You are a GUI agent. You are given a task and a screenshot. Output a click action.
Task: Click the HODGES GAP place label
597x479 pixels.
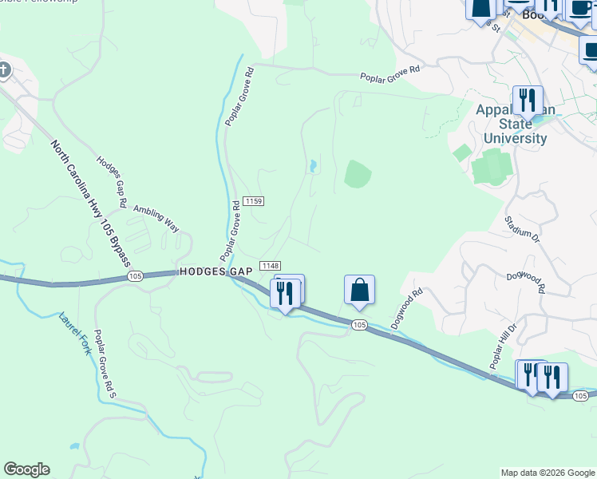[x=215, y=271]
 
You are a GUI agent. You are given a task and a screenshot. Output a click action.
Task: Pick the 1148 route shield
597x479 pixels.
[x=270, y=266]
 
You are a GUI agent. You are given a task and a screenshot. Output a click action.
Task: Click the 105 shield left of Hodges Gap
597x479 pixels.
[x=134, y=276]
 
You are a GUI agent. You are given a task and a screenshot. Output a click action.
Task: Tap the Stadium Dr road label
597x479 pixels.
[x=523, y=227]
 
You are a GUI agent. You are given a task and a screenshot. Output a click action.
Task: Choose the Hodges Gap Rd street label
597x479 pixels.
[x=112, y=180]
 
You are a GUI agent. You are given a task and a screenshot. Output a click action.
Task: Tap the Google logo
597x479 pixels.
[x=26, y=469]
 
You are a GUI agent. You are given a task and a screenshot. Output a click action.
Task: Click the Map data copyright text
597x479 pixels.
[x=547, y=473]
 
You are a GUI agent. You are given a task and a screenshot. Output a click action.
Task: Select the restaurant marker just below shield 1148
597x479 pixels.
[x=285, y=293]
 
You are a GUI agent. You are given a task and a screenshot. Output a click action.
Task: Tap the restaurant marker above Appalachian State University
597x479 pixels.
[x=527, y=101]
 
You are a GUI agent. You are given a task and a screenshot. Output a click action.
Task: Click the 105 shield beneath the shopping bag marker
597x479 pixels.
[x=359, y=324]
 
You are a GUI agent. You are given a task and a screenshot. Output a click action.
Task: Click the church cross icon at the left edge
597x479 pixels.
[x=3, y=70]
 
